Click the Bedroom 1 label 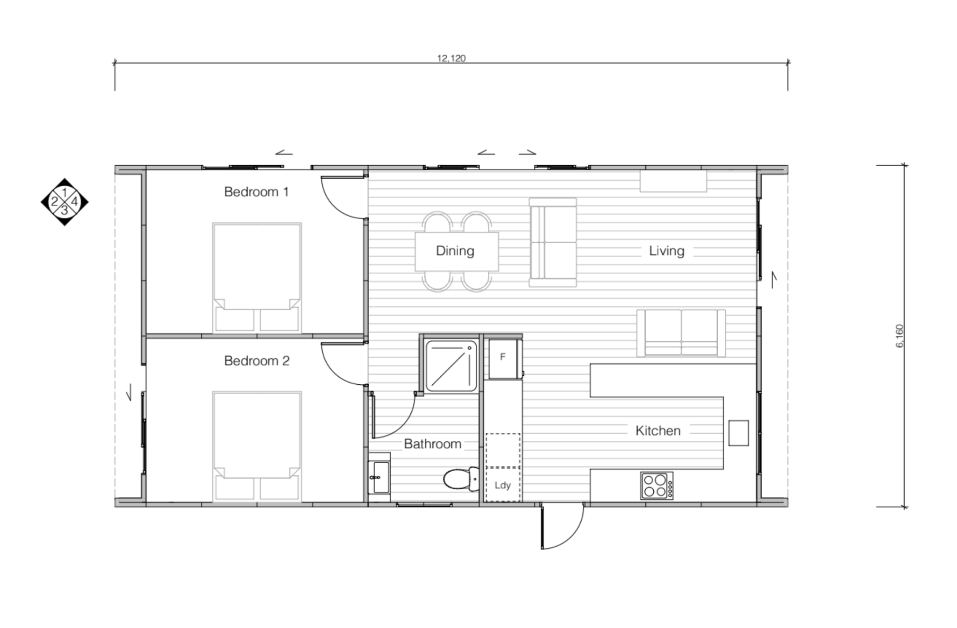(256, 192)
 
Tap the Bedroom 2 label (257, 361)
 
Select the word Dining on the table (455, 251)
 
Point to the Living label (666, 251)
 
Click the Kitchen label (657, 431)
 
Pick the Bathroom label (432, 444)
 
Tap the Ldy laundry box (503, 485)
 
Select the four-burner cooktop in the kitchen (657, 486)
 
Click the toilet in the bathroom (460, 480)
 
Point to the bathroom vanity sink (379, 477)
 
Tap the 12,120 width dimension (451, 58)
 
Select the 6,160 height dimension (900, 336)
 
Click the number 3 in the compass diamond (64, 211)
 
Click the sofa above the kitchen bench (681, 333)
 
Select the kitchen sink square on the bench (738, 433)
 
